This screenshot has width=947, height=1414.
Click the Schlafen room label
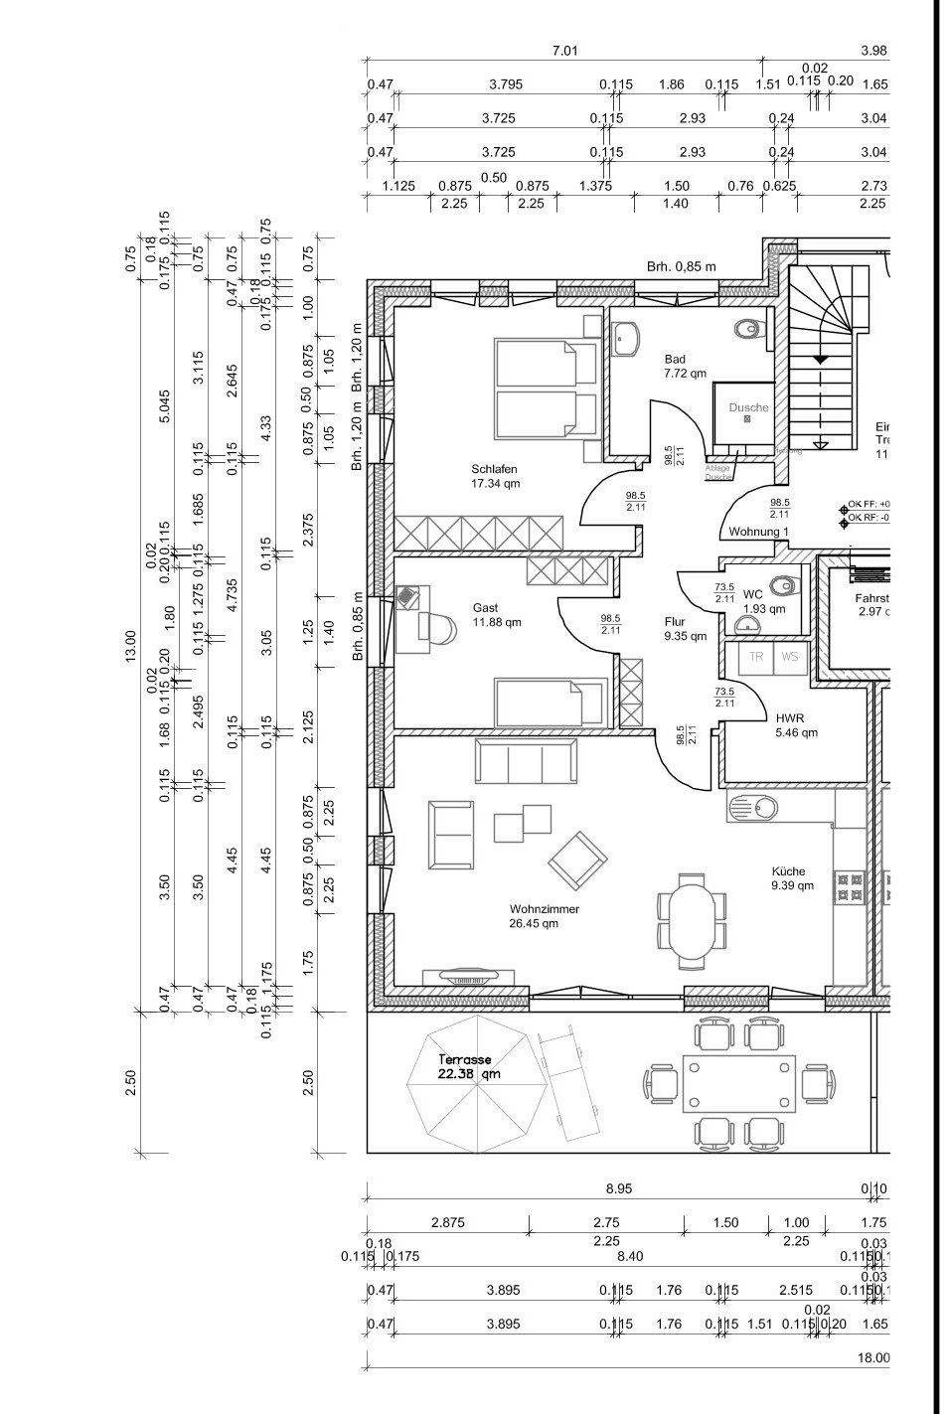tap(494, 476)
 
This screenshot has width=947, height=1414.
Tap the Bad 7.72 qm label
tap(685, 366)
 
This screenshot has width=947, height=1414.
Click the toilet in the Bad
tap(748, 328)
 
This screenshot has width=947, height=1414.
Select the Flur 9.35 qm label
tap(685, 629)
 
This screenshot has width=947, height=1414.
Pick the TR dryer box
tap(756, 658)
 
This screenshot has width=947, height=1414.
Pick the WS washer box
tap(789, 658)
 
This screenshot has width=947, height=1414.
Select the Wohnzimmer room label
tap(544, 915)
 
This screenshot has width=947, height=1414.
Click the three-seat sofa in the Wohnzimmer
tap(526, 763)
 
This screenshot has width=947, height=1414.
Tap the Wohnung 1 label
tap(758, 533)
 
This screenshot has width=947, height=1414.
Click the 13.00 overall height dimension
tap(128, 645)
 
